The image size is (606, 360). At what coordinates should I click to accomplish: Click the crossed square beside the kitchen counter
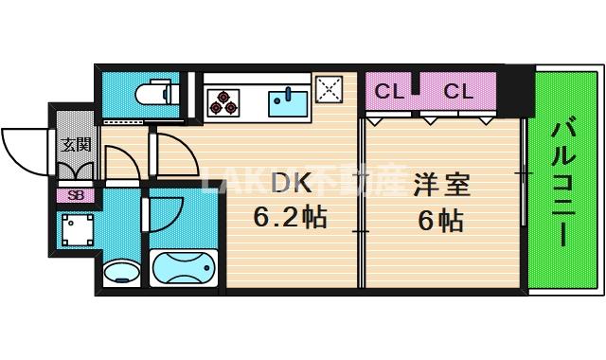(x=330, y=92)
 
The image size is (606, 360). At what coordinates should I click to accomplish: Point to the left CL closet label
(x=388, y=92)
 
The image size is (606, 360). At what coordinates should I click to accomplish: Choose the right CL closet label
(x=458, y=92)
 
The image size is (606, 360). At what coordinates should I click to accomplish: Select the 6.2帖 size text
(x=290, y=218)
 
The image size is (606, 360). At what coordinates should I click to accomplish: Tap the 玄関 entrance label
(x=76, y=145)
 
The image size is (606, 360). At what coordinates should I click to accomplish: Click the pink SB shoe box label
(x=75, y=195)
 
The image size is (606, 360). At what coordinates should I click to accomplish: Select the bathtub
(x=184, y=269)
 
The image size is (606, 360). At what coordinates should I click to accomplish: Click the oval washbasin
(x=122, y=273)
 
